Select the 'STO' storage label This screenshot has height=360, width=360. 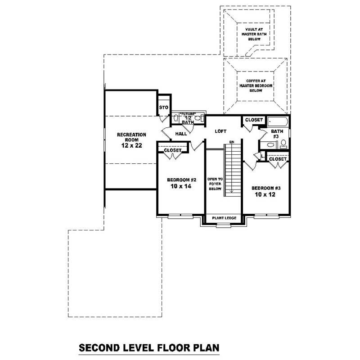click(x=164, y=108)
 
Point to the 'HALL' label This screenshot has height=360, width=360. click(x=181, y=134)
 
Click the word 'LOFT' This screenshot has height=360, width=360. click(x=220, y=131)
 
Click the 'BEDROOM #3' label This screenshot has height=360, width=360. click(x=266, y=188)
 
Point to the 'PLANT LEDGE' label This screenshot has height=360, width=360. click(x=224, y=218)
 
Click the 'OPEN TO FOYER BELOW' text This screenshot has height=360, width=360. click(x=215, y=184)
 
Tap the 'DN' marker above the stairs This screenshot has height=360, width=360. click(x=232, y=143)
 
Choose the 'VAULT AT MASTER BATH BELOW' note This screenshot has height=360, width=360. click(x=254, y=34)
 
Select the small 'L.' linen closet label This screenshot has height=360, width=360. click(x=263, y=156)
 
